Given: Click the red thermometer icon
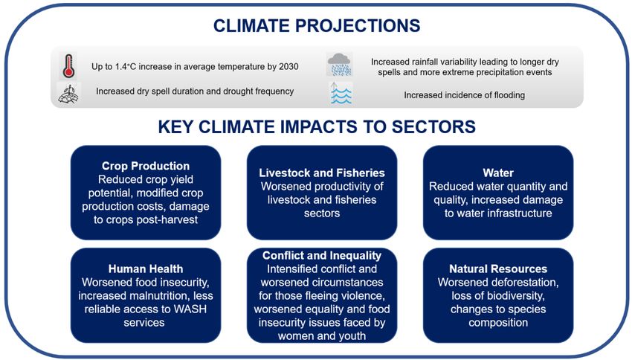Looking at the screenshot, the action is (x=68, y=65).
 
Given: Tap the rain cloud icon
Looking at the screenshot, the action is (x=339, y=64).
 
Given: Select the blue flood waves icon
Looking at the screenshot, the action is (x=341, y=94).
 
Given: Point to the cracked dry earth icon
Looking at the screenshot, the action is (x=68, y=94).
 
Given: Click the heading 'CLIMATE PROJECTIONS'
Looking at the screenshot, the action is (x=317, y=26).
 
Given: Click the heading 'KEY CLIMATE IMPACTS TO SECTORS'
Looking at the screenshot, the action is (x=317, y=126).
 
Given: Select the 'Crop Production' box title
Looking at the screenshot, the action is (x=146, y=166).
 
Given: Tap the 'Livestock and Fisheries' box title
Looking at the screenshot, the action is (x=322, y=173).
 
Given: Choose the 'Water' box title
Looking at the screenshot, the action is (x=498, y=173).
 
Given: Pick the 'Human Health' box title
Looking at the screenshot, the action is (x=146, y=269).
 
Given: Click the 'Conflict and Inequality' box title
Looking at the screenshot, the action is (x=322, y=255).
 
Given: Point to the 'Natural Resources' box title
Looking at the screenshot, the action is (x=498, y=269).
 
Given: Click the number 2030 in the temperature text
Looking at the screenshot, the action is (x=288, y=66).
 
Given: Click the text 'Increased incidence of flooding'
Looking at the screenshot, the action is (x=464, y=95).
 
